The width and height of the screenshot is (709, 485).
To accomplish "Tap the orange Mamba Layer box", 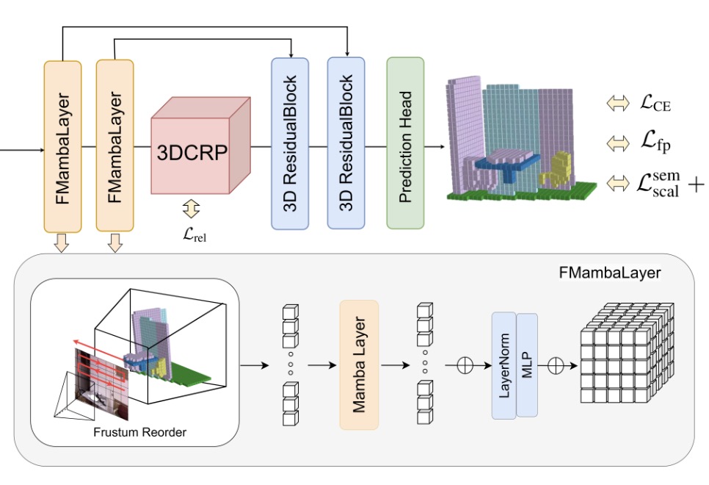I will click(x=359, y=364).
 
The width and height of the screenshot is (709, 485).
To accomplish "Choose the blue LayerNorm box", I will click(x=503, y=365).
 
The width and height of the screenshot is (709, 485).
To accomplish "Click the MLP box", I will click(x=527, y=365).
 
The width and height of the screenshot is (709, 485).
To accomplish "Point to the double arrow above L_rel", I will click(x=191, y=209).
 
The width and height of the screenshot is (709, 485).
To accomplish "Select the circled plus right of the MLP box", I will click(x=556, y=365).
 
